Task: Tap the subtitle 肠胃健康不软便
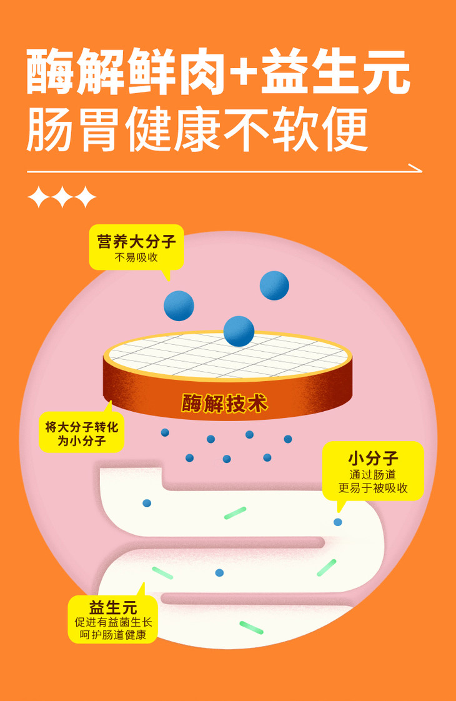coord(197,131)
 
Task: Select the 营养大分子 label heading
coord(136,241)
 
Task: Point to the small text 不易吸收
coord(136,257)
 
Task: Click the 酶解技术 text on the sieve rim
coord(225,403)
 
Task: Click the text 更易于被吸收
coord(373,488)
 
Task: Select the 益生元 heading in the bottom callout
coord(113,607)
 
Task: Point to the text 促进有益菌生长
coord(113,622)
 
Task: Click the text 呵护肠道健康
coord(113,635)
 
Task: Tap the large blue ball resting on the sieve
coord(239,331)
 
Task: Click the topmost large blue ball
coord(274,286)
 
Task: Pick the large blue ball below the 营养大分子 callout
coord(179,306)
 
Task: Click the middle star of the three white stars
coord(62,197)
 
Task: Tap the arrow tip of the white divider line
coord(419,169)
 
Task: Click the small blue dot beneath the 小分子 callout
coord(338,522)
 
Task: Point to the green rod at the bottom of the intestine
coord(251,627)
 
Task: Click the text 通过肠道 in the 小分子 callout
coord(373,475)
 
